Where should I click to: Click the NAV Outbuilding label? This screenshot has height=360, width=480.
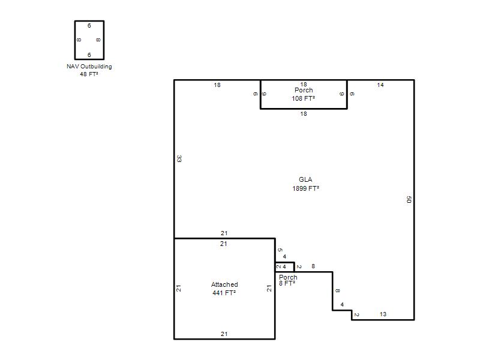click(x=89, y=67)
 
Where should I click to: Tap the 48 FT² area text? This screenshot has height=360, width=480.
click(x=89, y=74)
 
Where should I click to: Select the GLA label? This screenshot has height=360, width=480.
click(x=305, y=179)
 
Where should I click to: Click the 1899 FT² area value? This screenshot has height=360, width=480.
click(x=305, y=188)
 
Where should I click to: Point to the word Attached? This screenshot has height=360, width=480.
click(x=224, y=284)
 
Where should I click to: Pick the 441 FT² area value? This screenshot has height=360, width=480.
click(x=224, y=293)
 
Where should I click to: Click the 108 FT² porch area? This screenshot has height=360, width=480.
click(x=304, y=98)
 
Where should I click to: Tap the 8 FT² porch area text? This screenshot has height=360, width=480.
click(x=287, y=283)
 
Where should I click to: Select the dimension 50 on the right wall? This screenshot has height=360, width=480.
click(x=409, y=200)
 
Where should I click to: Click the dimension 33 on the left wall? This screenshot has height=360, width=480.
click(x=179, y=158)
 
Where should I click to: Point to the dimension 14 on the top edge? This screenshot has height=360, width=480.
click(x=380, y=85)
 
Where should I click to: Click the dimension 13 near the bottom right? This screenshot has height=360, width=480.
click(x=383, y=314)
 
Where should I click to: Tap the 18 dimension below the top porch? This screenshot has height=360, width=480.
click(x=304, y=114)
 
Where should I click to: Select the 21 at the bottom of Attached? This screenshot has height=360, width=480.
click(x=224, y=334)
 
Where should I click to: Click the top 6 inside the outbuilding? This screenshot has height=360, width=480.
click(x=89, y=26)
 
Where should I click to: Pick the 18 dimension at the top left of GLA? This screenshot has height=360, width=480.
click(x=217, y=85)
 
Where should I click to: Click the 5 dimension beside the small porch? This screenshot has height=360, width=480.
click(x=280, y=250)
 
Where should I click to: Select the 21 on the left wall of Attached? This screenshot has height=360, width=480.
click(x=179, y=289)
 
